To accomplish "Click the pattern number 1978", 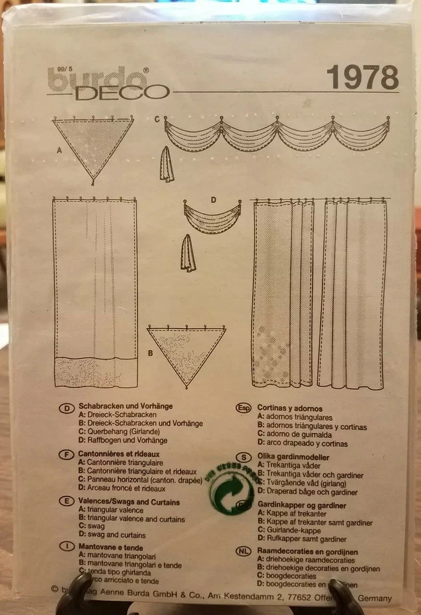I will click(362, 78).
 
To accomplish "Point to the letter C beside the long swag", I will click(156, 119).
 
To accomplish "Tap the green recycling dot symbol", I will click(229, 491).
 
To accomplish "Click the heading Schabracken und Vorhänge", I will click(125, 406).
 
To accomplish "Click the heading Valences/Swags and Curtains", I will click(129, 502).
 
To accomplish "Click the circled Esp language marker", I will click(244, 407).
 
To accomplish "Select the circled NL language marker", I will click(244, 552).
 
